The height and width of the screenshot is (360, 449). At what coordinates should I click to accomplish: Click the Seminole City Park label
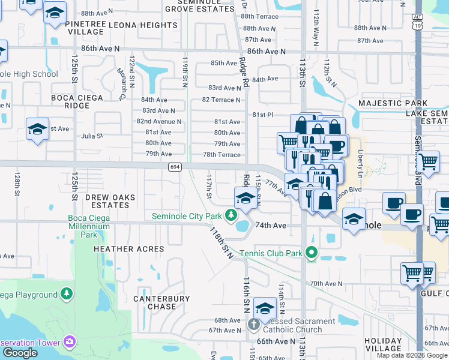(187, 216)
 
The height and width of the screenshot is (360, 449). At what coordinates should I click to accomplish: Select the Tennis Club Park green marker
(311, 253)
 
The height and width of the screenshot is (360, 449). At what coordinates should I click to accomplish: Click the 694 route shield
(174, 166)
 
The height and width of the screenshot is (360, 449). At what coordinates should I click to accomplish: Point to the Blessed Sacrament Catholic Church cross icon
(253, 325)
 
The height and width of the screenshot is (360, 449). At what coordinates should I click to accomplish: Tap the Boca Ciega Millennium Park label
(89, 227)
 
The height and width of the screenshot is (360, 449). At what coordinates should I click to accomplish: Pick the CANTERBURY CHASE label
(161, 302)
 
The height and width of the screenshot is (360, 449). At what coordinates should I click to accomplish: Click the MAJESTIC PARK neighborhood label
(392, 103)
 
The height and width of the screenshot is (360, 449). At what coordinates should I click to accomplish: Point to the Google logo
(20, 353)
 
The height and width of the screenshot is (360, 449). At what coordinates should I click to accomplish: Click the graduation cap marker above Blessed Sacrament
(264, 308)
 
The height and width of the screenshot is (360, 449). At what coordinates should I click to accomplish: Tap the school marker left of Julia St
(37, 129)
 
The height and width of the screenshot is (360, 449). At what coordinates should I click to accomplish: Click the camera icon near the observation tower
(70, 342)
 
